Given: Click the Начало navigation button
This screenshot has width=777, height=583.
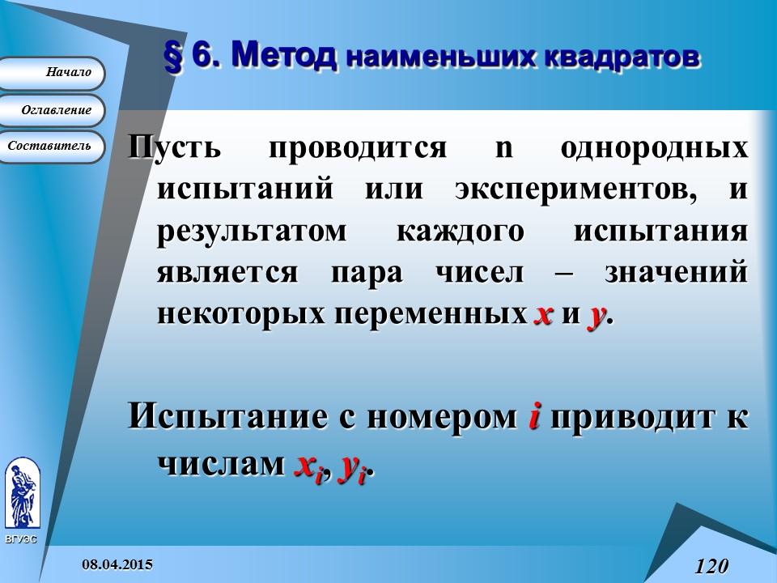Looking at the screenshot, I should click(53, 73).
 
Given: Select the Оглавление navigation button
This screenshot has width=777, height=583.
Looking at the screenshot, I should click(53, 110).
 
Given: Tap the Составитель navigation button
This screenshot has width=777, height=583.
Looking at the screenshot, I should click(53, 147).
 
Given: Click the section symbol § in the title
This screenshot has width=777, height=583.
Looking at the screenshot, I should click(174, 57).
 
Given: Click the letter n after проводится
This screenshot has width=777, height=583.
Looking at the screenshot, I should click(503, 150).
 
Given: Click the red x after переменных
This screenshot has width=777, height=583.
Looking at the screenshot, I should click(543, 314).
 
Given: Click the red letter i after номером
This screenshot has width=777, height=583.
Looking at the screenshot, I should click(534, 416).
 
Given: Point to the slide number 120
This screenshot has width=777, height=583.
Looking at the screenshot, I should click(711, 565).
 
